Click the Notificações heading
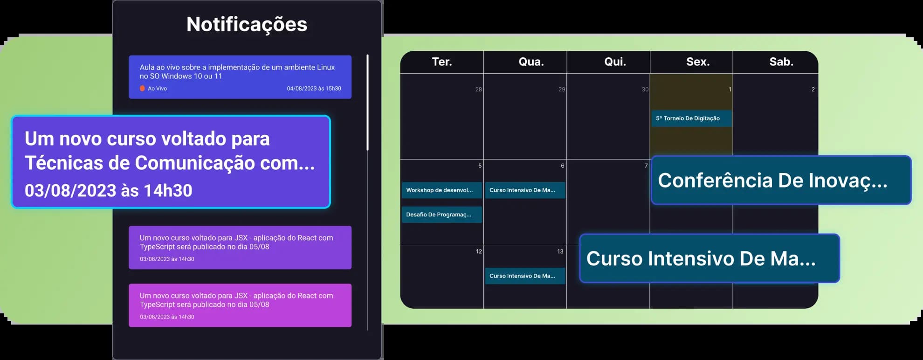(247, 24)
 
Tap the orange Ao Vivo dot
(142, 88)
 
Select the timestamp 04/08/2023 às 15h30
(314, 88)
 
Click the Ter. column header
(441, 62)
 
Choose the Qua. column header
(531, 62)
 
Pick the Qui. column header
(615, 62)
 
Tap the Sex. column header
(698, 62)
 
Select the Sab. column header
(781, 62)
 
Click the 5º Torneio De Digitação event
(691, 118)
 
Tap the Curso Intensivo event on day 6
(525, 190)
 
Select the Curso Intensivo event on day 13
(525, 276)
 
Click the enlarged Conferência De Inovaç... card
(781, 180)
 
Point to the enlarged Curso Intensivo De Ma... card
(709, 258)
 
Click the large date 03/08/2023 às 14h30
(108, 190)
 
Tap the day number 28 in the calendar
(478, 89)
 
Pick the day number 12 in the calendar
(479, 251)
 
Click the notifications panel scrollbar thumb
(368, 103)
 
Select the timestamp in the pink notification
(167, 317)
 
